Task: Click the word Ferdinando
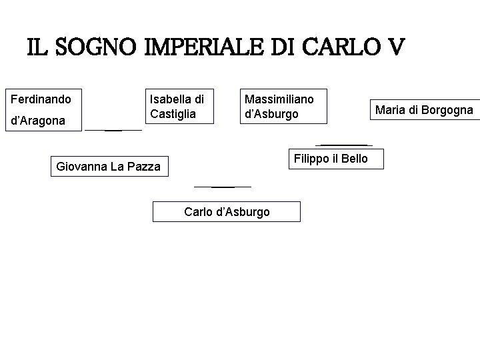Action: (x=41, y=99)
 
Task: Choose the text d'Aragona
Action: (x=38, y=121)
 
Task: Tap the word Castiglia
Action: (x=173, y=114)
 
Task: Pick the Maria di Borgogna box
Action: (x=424, y=110)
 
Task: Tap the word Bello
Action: (x=353, y=159)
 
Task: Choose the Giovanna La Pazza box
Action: (x=109, y=166)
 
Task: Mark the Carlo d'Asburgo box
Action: (x=227, y=212)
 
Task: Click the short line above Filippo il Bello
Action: (x=343, y=145)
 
